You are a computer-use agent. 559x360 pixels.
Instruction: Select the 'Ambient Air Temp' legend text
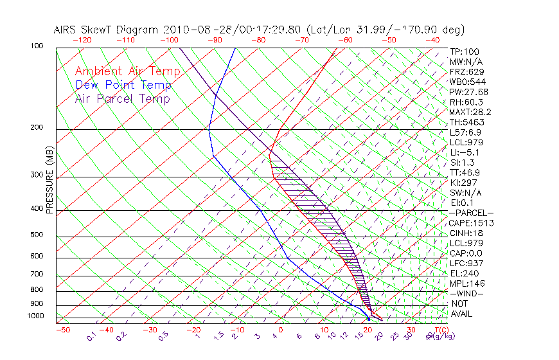[x=128, y=71]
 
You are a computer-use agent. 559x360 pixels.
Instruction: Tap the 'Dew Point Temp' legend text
[x=123, y=85]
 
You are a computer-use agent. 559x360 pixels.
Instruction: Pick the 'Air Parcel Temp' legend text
[x=123, y=98]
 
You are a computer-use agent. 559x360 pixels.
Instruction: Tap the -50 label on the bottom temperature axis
[x=62, y=330]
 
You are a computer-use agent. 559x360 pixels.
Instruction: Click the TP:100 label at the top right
[x=464, y=51]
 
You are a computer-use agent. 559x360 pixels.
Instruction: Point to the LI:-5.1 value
[x=463, y=152]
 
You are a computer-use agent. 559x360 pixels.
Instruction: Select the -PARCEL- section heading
[x=471, y=213]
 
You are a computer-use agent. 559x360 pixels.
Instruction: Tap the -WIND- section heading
[x=466, y=293]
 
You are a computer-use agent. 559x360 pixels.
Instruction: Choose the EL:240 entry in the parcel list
[x=463, y=273]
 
